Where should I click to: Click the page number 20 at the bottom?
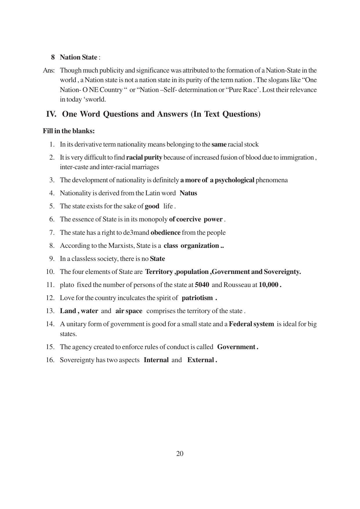tap(180, 454)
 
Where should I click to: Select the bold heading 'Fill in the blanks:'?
tap(69, 131)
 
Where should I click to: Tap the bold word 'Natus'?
tap(188, 193)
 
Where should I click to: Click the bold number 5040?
tap(202, 285)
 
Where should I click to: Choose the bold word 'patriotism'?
tap(197, 298)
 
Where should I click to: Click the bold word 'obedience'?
tap(165, 232)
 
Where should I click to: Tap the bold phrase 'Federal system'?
tap(251, 324)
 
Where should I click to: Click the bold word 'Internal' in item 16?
tap(156, 360)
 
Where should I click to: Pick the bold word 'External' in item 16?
tap(200, 360)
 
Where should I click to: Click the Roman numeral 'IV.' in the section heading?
tap(51, 114)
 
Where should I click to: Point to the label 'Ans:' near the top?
tap(49, 71)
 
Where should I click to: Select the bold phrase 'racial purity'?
tap(144, 158)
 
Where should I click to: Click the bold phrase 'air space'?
tap(129, 311)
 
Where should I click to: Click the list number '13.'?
tap(50, 311)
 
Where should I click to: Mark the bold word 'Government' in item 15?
tap(236, 347)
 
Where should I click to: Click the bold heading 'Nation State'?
tap(78, 57)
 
